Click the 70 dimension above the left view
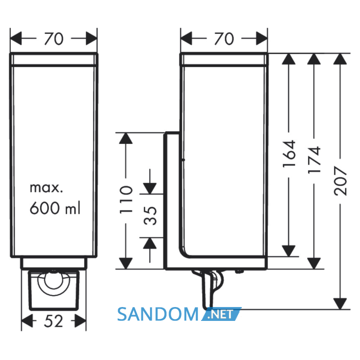coord(53,39)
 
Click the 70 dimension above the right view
coord(224,39)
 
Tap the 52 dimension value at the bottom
coord(53,321)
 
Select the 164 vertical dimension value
coord(289,154)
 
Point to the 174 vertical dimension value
coord(314,159)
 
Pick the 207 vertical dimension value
coord(340,181)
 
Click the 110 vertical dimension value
coord(126,200)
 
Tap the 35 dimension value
coord(150,215)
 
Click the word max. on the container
coord(46,188)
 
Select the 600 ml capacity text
coord(55,208)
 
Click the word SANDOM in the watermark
coord(158,314)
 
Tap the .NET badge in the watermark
coord(221,314)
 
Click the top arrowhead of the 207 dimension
coord(340,59)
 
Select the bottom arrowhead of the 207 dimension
coord(340,304)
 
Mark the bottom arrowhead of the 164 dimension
coord(289,251)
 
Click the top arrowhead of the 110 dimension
coord(126,138)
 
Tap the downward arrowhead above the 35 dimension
coord(150,189)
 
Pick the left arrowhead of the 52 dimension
coord(27,321)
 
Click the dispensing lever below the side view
coord(208,289)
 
